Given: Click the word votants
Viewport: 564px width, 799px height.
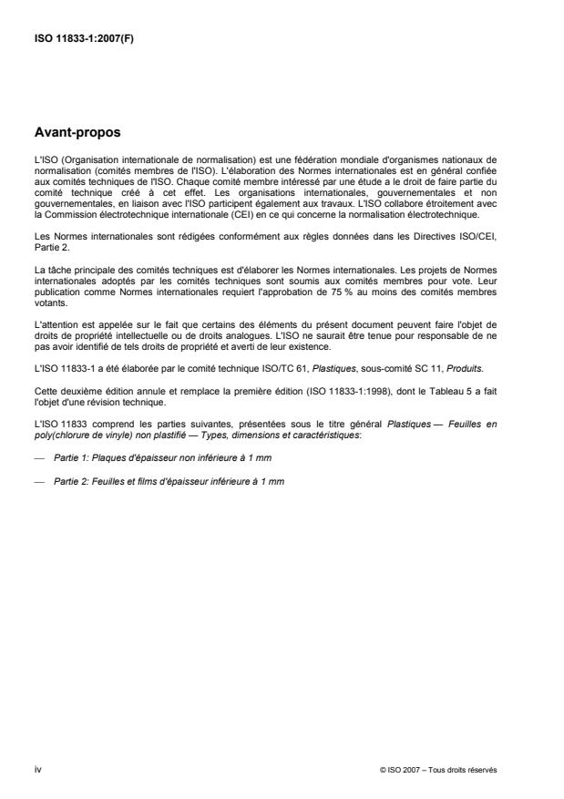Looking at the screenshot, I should point(46,307).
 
